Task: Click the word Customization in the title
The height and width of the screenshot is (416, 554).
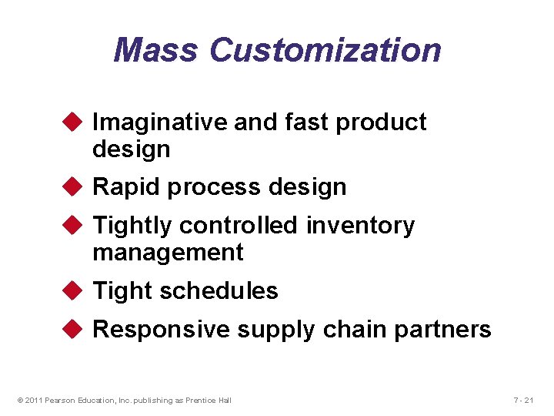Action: click(325, 51)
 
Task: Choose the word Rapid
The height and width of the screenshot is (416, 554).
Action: click(126, 186)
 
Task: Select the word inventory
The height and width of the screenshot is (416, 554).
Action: click(360, 226)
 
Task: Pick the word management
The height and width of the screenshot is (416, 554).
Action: click(168, 253)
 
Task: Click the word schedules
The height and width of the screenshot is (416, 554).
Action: click(219, 290)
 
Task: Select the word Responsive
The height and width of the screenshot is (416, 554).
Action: click(162, 330)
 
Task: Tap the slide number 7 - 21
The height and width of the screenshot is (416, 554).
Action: click(523, 399)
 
